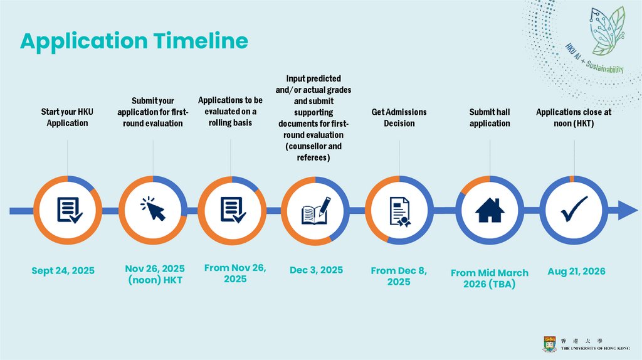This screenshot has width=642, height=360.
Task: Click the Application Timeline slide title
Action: pyautogui.click(x=134, y=41)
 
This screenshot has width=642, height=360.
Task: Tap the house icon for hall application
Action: pyautogui.click(x=490, y=210)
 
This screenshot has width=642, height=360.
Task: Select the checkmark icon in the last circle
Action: pyautogui.click(x=574, y=209)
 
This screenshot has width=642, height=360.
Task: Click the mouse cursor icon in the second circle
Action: pyautogui.click(x=153, y=209)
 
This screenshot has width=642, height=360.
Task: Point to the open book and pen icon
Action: pyautogui.click(x=316, y=211)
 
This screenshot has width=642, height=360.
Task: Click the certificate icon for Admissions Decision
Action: pyautogui.click(x=399, y=211)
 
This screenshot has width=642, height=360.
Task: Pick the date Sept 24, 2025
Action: pyautogui.click(x=63, y=271)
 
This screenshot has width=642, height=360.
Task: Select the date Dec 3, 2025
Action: pyautogui.click(x=316, y=270)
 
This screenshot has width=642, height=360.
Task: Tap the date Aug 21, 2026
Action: pyautogui.click(x=576, y=271)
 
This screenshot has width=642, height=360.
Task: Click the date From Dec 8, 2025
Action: pyautogui.click(x=399, y=277)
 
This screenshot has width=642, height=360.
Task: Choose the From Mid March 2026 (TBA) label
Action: pyautogui.click(x=490, y=278)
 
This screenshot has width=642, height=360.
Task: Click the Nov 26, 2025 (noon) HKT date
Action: pyautogui.click(x=155, y=275)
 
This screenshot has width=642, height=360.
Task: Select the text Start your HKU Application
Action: pyautogui.click(x=67, y=117)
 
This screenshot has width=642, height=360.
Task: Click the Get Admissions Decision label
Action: pyautogui.click(x=399, y=117)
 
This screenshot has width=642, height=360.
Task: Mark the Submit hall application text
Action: pyautogui.click(x=490, y=117)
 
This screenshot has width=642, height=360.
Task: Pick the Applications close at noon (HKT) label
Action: pyautogui.click(x=574, y=117)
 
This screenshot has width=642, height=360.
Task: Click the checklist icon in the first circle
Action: pyautogui.click(x=69, y=210)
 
